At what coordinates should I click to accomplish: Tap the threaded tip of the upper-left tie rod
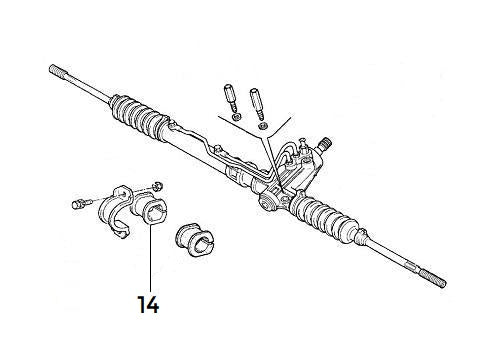tap(57, 70)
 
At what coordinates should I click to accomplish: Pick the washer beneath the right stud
tap(262, 126)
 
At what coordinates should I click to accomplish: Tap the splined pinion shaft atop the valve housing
tap(325, 143)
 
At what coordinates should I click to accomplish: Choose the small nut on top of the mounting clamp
tap(158, 184)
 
